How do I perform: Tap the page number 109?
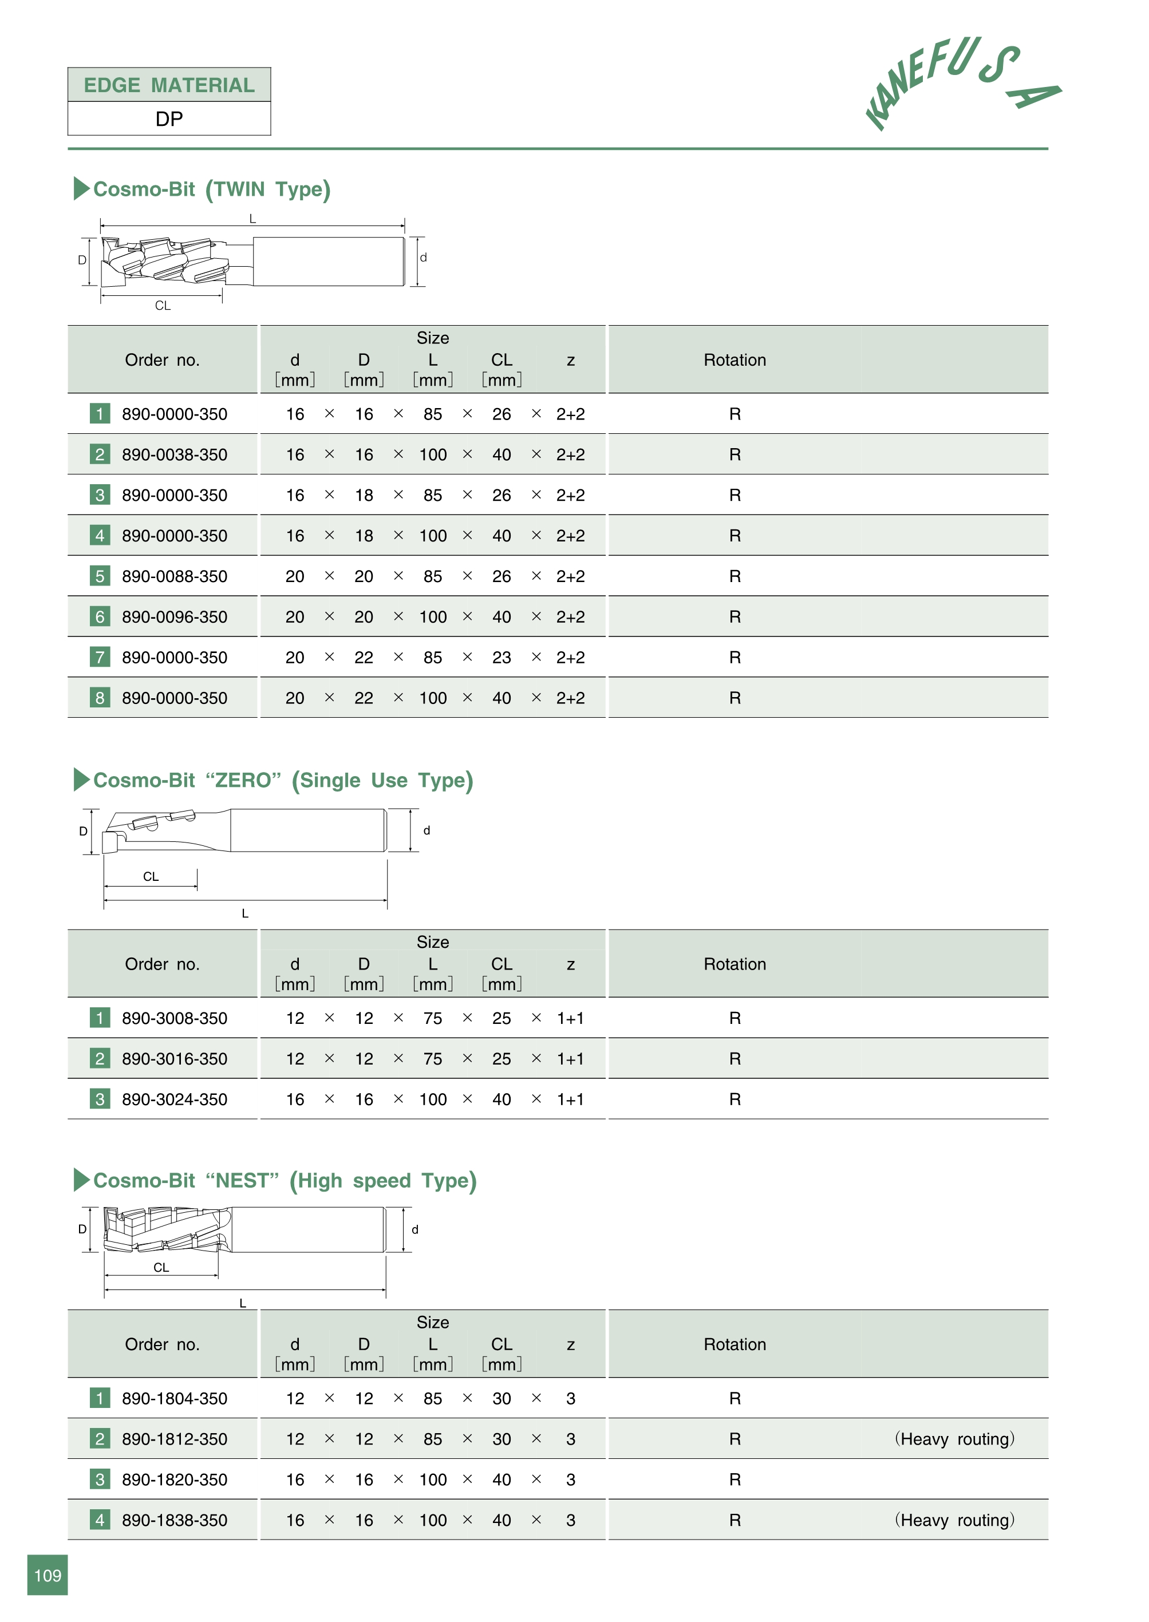(48, 1574)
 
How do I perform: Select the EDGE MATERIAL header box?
(169, 85)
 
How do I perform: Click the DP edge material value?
(169, 119)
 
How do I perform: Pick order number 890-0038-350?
(174, 455)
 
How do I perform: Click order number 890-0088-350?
(174, 576)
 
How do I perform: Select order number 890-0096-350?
(174, 617)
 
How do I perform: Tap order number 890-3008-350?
(174, 1018)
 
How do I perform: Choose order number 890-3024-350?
(174, 1099)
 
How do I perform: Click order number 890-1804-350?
(174, 1398)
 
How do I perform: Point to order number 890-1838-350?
(174, 1520)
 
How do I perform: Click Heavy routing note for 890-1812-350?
(954, 1439)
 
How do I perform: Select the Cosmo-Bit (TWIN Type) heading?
(211, 189)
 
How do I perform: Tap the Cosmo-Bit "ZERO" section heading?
(282, 780)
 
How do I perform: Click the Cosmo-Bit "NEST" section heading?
(285, 1181)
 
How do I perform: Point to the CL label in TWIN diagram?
(163, 306)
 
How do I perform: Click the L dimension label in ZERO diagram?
(245, 913)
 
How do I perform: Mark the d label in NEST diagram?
(414, 1230)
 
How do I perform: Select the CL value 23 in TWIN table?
(502, 658)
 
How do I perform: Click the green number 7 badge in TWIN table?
(100, 657)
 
